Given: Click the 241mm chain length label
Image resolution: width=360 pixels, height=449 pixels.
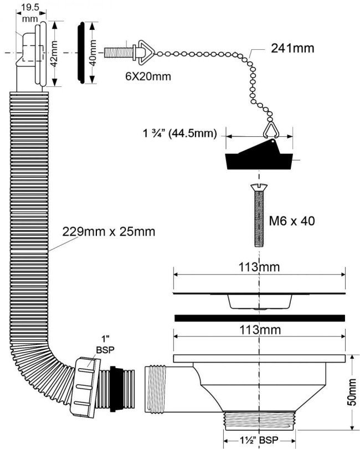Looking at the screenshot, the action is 292,48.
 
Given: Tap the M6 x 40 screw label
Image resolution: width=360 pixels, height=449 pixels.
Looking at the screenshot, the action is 292,221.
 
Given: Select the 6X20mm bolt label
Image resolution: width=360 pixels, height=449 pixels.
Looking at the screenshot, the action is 148,76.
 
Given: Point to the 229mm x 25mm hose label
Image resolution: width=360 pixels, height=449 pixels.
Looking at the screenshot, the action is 109,231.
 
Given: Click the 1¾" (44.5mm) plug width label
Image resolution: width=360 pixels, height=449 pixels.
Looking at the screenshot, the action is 180,133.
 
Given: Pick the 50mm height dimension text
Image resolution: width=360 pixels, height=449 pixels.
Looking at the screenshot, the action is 352,392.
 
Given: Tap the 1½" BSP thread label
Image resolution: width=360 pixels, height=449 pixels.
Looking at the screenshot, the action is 259,440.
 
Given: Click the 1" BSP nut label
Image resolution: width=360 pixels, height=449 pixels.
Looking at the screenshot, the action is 105,345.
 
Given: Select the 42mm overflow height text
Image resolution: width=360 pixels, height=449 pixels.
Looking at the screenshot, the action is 54,54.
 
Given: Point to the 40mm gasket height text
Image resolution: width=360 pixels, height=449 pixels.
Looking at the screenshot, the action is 94,53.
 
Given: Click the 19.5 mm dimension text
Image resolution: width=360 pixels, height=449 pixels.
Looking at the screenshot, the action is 30,13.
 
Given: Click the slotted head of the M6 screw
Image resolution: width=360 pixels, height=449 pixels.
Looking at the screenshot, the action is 259,187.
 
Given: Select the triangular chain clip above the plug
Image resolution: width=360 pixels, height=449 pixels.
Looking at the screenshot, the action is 270,130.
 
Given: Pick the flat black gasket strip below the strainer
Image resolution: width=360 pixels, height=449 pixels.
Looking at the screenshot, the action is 259,318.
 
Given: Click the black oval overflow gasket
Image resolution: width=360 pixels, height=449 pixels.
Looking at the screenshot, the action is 81,53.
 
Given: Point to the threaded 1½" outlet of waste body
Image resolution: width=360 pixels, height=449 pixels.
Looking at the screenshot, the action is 259,421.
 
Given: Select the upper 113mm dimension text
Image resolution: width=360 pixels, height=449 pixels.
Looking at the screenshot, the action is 259,267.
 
